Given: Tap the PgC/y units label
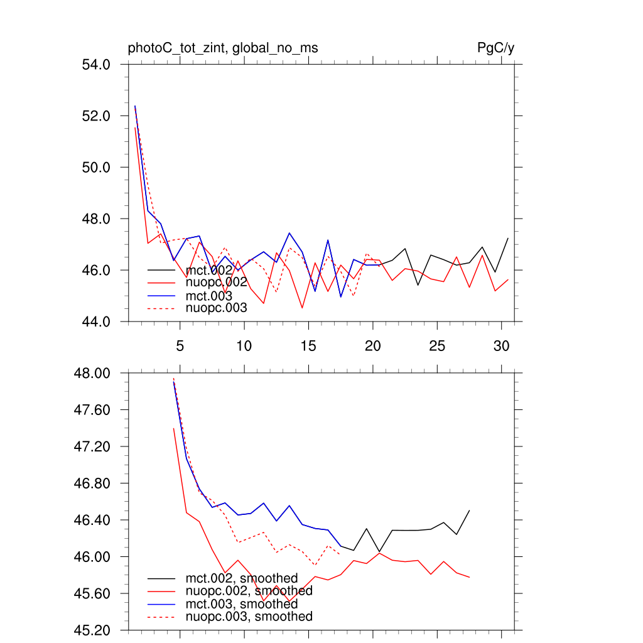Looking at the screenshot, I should click(495, 48).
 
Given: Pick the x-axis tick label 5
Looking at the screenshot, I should click(180, 346).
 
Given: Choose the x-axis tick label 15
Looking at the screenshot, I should click(308, 346).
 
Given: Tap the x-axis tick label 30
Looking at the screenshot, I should click(501, 346).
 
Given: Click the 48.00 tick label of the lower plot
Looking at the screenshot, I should click(93, 373).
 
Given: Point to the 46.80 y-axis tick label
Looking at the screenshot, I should click(93, 484).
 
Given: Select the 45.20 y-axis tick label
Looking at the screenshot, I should click(93, 630).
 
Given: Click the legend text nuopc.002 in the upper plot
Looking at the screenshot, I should click(217, 283).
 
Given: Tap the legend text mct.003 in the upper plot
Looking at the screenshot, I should click(209, 296).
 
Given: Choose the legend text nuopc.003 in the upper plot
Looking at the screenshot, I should click(217, 308).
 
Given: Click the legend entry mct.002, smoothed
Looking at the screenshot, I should click(242, 578).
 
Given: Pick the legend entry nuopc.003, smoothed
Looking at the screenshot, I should click(249, 617).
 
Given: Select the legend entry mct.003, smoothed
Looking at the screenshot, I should click(242, 604).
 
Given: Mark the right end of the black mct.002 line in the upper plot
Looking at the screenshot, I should click(507, 239).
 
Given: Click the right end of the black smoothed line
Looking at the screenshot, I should click(469, 511).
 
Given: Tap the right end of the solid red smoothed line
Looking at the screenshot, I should click(469, 577).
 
